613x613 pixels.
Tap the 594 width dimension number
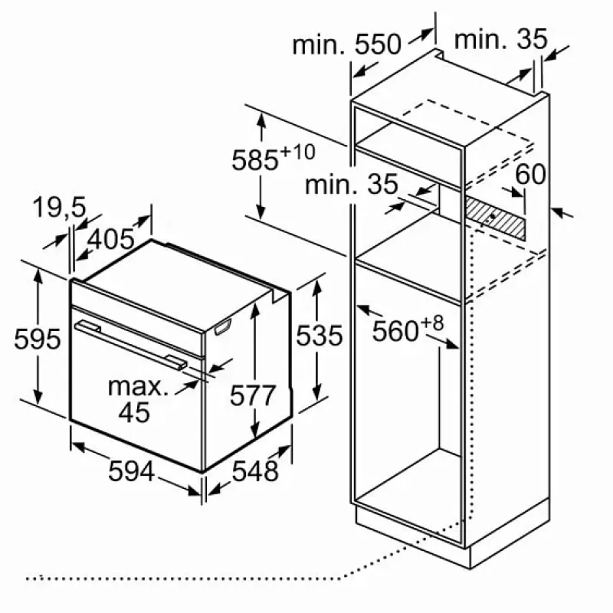(x=132, y=472)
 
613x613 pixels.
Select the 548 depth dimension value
(x=255, y=472)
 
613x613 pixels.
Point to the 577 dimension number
(x=253, y=396)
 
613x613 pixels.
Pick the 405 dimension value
(x=110, y=240)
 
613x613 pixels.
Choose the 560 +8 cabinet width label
(x=408, y=331)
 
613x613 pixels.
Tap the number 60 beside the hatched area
(x=529, y=174)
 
